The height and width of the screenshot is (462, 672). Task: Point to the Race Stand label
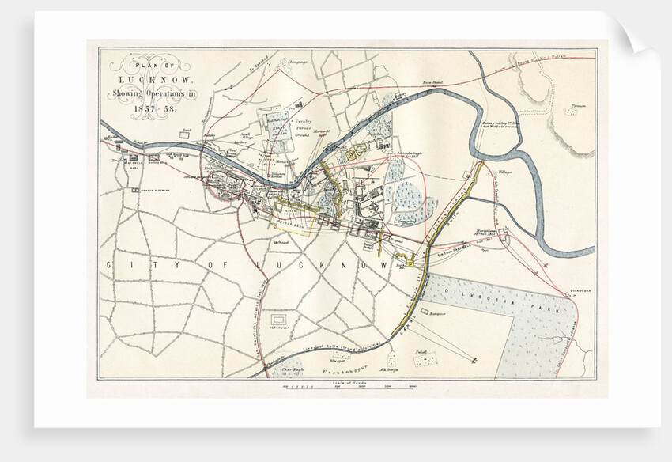pyautogui.click(x=432, y=82)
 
